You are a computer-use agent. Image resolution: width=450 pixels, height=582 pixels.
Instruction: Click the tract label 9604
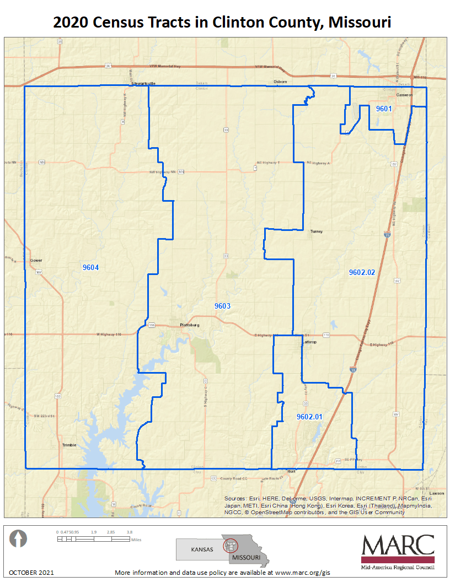(90, 267)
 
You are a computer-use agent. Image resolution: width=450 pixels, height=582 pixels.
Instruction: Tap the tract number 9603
(222, 305)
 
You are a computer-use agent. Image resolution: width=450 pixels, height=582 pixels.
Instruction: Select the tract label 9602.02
(362, 272)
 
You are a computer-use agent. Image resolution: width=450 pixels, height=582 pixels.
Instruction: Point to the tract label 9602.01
(309, 417)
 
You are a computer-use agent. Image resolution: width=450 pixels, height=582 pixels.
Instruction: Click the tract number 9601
(384, 109)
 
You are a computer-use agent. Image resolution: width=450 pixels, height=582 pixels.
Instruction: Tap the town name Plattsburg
(189, 325)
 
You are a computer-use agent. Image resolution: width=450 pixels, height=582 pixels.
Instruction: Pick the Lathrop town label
(309, 342)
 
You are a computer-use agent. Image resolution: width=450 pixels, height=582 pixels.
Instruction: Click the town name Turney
(316, 231)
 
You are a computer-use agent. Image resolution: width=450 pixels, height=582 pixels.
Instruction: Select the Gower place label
(36, 260)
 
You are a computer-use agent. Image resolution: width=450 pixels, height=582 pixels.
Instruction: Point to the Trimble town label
(69, 445)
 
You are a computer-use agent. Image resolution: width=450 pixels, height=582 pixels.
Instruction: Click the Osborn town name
(281, 82)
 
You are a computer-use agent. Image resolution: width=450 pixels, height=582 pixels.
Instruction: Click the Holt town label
(292, 472)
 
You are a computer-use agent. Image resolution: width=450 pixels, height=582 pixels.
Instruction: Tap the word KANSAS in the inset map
(202, 549)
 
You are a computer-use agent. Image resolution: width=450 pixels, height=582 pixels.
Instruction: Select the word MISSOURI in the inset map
(246, 557)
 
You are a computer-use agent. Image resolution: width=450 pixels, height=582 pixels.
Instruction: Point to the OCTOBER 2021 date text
(31, 573)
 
